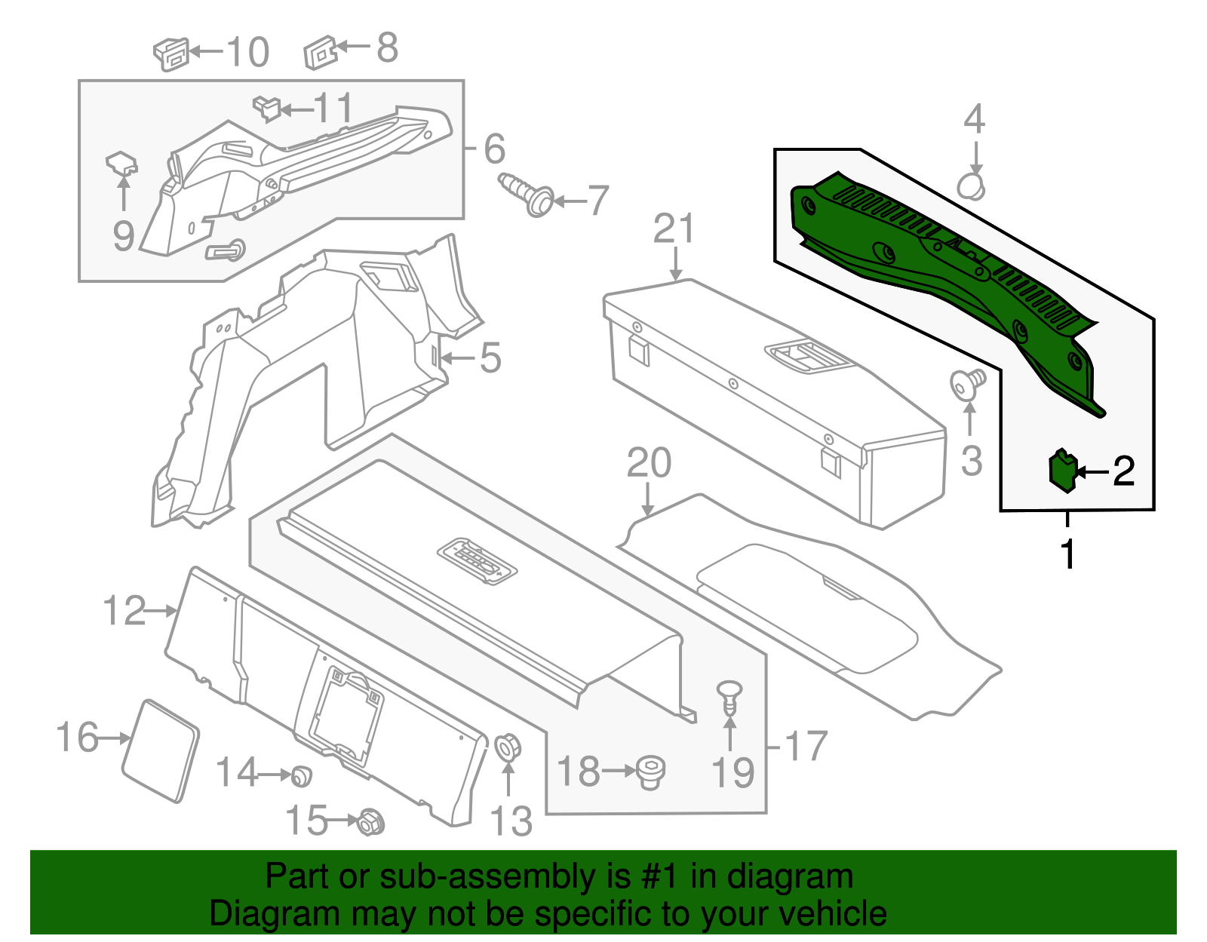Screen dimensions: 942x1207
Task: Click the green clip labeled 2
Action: click(x=1062, y=471)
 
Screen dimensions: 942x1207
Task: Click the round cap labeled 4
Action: click(x=972, y=186)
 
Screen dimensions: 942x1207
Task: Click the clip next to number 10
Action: click(x=171, y=54)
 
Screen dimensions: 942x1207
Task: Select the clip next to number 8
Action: click(x=320, y=53)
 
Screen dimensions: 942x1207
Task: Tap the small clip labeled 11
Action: click(x=266, y=108)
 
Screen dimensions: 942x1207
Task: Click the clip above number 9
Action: click(x=121, y=163)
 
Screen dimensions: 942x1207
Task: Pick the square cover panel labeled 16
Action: click(x=160, y=750)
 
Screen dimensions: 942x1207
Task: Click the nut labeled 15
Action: click(x=370, y=821)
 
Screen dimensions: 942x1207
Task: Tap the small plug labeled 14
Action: click(x=301, y=775)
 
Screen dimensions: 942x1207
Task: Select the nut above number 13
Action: click(x=507, y=747)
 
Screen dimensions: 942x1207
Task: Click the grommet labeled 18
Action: click(x=650, y=773)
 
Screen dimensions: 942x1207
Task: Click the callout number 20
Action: click(x=649, y=463)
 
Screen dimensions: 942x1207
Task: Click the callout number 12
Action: click(x=124, y=610)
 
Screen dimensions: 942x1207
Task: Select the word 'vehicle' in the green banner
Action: click(x=832, y=913)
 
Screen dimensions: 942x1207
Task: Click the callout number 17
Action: click(x=806, y=747)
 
